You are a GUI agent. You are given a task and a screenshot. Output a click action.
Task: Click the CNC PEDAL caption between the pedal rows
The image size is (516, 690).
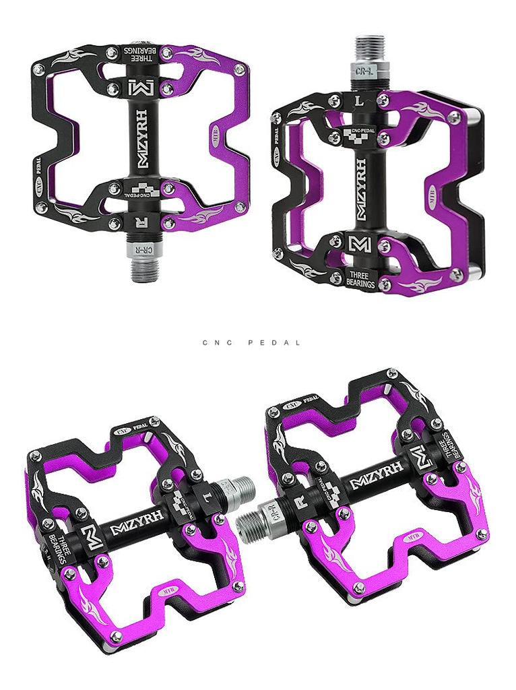coord(252,342)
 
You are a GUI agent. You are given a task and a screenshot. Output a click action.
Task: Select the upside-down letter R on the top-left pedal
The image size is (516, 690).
coord(141,221)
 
